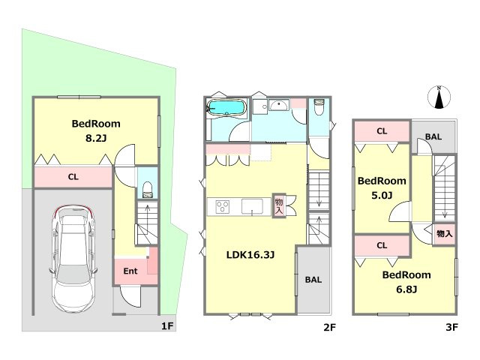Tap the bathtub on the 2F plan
pos(226,108)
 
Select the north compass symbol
pos(439,97)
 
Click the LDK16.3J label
pos(250,255)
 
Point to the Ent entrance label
pos(130,271)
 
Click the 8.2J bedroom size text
pos(96,139)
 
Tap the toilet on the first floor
pos(148,190)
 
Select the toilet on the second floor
pos(319,106)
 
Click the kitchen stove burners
pos(223,207)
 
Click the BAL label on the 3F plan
pos(433,136)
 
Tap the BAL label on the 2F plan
pos(313,280)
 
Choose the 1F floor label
pos(167,326)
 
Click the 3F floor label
pos(451,327)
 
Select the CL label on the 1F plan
pos(73,177)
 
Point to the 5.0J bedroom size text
pos(382,195)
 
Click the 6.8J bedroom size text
pos(406,289)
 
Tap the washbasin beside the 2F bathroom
pos(278,105)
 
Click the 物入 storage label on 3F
pos(445,233)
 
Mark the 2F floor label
pos(330,327)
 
